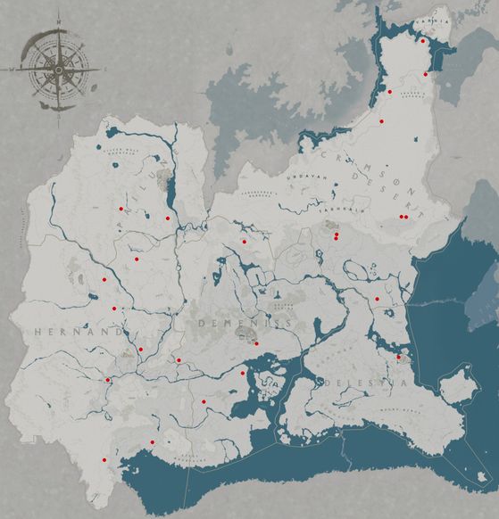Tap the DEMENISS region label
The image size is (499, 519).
click(233, 323)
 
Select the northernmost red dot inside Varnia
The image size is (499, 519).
click(422, 40)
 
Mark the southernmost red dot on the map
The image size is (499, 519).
click(104, 459)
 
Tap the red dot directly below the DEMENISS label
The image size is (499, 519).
click(256, 343)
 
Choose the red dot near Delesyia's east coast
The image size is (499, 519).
click(398, 358)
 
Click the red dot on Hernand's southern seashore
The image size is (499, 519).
click(152, 442)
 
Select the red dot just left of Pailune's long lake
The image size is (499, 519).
click(167, 218)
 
